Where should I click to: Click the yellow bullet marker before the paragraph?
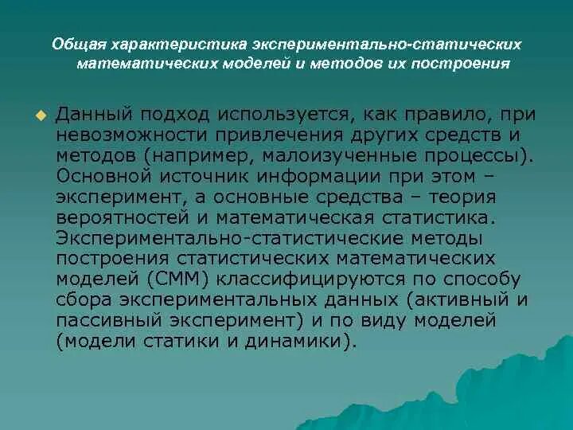41,116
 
